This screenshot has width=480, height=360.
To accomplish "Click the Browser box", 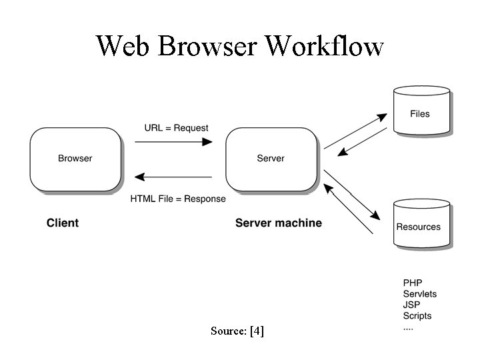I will tap(75, 159).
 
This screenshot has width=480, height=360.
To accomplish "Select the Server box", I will tap(271, 159).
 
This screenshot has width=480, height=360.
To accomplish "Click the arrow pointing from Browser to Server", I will tap(173, 141).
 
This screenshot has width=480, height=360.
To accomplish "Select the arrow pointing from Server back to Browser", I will tap(173, 177).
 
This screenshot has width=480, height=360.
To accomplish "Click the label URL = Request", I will tap(177, 128).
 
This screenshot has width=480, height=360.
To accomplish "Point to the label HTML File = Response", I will tap(178, 199).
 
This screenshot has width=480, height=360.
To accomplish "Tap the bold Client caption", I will tap(63, 223).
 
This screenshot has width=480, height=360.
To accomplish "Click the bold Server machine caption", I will tap(279, 223).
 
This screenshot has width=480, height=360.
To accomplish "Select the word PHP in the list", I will tap(413, 283).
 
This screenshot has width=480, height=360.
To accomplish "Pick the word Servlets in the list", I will tap(420, 294).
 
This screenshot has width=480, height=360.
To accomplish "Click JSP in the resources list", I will tap(412, 305).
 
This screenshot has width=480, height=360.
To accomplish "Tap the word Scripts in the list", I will tap(417, 316).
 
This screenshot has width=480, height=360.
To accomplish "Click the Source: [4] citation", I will tap(237, 331).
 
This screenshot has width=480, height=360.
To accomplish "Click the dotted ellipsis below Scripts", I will tap(408, 328).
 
